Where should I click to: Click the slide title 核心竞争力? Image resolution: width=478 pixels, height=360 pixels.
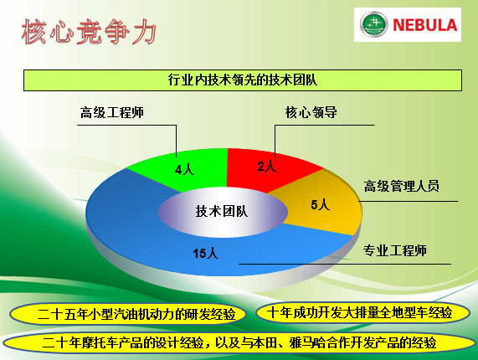click(x=89, y=32)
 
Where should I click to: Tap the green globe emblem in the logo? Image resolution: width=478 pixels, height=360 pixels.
click(x=373, y=24)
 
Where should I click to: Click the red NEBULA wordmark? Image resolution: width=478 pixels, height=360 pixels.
click(x=425, y=25)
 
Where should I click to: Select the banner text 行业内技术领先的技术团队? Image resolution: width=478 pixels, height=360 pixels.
click(x=243, y=80)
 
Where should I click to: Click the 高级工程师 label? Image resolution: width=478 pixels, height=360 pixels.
click(x=112, y=112)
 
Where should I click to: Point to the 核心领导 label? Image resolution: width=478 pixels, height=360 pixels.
click(x=311, y=112)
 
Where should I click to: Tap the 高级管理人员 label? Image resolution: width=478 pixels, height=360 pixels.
click(x=402, y=186)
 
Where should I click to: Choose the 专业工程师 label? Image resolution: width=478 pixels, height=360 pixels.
click(x=394, y=250)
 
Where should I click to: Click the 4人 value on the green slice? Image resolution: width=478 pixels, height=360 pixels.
click(x=184, y=169)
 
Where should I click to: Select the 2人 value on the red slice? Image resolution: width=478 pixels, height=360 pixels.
click(x=267, y=167)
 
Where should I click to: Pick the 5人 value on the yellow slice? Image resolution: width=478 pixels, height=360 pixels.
click(x=321, y=204)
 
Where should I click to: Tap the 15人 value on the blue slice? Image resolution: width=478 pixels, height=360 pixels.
click(x=205, y=254)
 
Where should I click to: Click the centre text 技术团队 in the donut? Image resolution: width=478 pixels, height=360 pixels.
click(x=222, y=211)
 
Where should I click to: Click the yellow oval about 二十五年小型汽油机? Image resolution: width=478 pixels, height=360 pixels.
click(x=128, y=314)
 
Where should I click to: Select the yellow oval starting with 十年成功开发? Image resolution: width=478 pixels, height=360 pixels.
click(x=362, y=313)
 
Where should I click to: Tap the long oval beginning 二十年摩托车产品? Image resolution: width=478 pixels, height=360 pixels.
click(x=239, y=342)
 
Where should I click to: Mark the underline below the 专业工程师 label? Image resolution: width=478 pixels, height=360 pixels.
click(x=345, y=264)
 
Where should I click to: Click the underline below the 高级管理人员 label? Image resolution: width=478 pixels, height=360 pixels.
click(x=409, y=201)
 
